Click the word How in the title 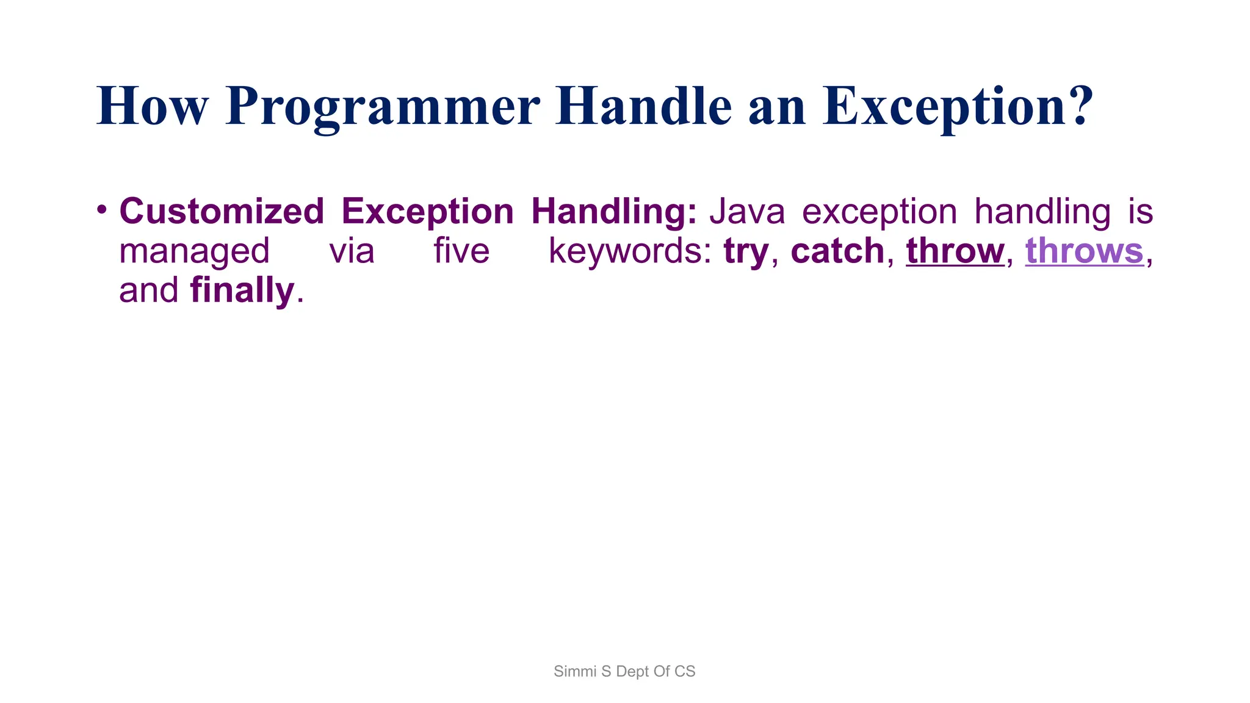(152, 107)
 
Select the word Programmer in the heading (382, 107)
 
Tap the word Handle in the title (643, 107)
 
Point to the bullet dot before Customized (102, 210)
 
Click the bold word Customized (222, 212)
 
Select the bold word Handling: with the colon (613, 212)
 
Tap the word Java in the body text (746, 212)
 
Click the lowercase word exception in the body (879, 212)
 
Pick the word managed (194, 251)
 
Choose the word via (352, 251)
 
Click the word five (461, 251)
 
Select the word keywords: (630, 251)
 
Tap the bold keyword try (745, 251)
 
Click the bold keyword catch (837, 251)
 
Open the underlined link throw (955, 251)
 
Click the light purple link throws (1084, 251)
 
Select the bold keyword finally (242, 290)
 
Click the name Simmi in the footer (574, 671)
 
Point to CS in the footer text (685, 671)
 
